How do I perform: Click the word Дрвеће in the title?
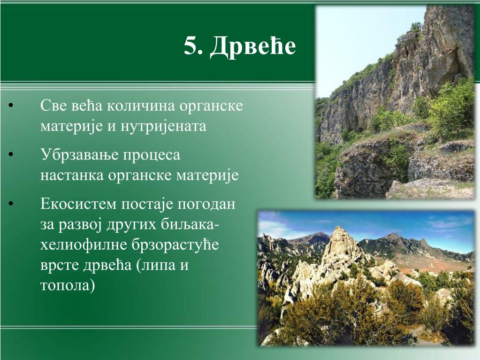coord(253,46)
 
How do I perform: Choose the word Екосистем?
coord(78,204)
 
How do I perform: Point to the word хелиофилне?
coord(84,245)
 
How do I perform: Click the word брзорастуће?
coord(175,245)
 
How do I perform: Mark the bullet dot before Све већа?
coord(11,106)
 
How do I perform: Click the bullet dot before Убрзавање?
coord(11,155)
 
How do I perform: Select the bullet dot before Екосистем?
coord(11,204)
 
